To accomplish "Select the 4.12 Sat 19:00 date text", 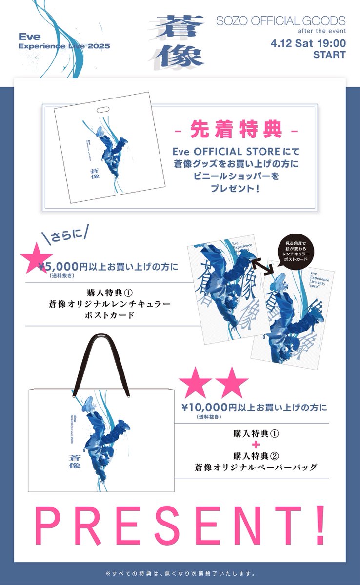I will coord(308,43).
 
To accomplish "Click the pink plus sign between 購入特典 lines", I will coord(250,445).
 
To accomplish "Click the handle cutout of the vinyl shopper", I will coord(103,110).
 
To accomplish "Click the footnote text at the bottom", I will coord(180,573).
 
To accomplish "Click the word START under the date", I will coord(329,55).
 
